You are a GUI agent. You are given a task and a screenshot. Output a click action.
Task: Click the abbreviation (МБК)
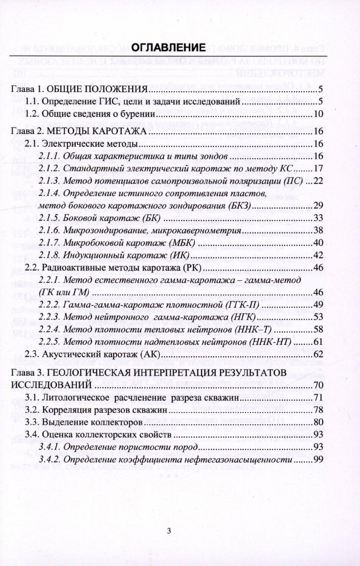183,243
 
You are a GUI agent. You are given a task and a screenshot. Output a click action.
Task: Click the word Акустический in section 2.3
70,354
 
